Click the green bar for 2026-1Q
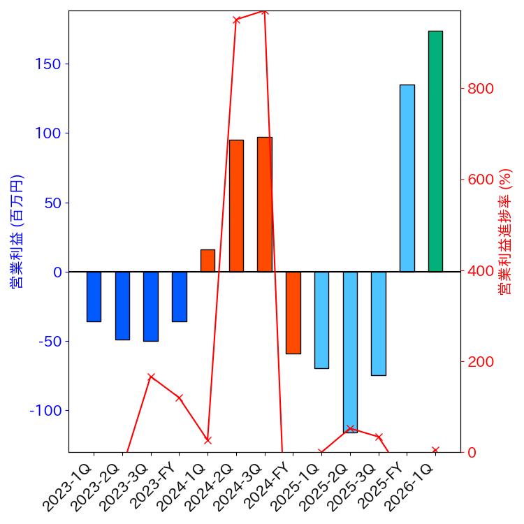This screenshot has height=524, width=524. coord(435,151)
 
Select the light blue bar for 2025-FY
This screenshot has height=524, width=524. coord(407,178)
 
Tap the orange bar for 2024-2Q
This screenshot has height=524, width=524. coord(236,205)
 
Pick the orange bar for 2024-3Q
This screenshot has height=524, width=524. coord(265,204)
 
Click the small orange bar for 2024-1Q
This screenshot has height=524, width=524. coord(208,261)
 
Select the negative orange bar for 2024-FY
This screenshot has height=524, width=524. coord(293,312)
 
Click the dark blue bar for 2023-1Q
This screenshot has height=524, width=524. coord(94,296)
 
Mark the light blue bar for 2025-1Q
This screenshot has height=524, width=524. coord(321,320)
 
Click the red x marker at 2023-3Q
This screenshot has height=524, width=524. coord(151,377)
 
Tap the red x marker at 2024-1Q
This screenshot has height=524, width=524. coord(208,440)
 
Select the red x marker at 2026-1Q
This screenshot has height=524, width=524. coord(435,451)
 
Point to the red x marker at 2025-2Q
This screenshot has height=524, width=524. coord(350,428)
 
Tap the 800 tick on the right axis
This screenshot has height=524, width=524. coord(481,89)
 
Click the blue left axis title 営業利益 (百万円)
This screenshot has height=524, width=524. coord(16,231)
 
